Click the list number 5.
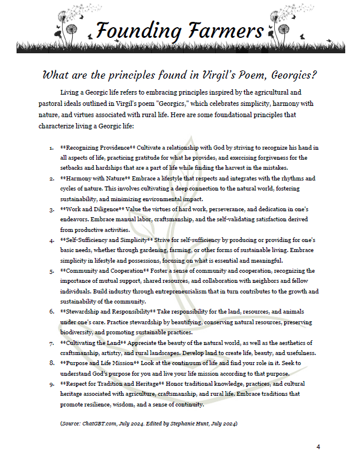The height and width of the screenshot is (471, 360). coord(52,270)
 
